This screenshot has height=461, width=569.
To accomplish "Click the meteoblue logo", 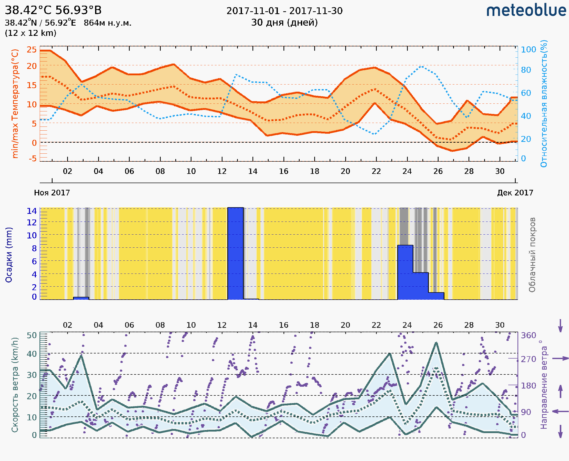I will point(526,11).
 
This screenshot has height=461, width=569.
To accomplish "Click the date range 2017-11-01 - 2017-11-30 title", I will point(284,11).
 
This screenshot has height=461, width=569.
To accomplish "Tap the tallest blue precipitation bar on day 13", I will point(236,253).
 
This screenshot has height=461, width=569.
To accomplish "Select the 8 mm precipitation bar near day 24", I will point(405,272).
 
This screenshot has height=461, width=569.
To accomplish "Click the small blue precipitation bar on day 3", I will point(81,298).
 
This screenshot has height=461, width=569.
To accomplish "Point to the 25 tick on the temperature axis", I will point(32,50).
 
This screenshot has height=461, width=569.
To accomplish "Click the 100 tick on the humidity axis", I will point(528,50).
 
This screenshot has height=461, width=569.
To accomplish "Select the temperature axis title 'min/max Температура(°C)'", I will point(15,103).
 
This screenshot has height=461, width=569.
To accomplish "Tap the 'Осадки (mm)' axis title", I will point(9,255).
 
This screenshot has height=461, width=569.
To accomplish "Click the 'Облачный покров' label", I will point(532,255).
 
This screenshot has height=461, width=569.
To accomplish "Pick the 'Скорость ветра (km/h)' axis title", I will point(15,385).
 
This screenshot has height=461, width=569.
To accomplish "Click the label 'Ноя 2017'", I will point(52,193).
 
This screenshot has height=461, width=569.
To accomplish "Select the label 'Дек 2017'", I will point(515,193).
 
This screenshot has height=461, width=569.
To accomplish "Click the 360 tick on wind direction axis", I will point(528,336).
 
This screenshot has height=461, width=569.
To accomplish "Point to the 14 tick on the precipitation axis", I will point(32,211).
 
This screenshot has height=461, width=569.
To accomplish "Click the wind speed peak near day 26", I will point(436,343).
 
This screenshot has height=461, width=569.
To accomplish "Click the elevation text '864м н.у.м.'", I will point(107,23).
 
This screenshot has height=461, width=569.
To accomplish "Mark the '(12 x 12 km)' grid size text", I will point(31,33).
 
